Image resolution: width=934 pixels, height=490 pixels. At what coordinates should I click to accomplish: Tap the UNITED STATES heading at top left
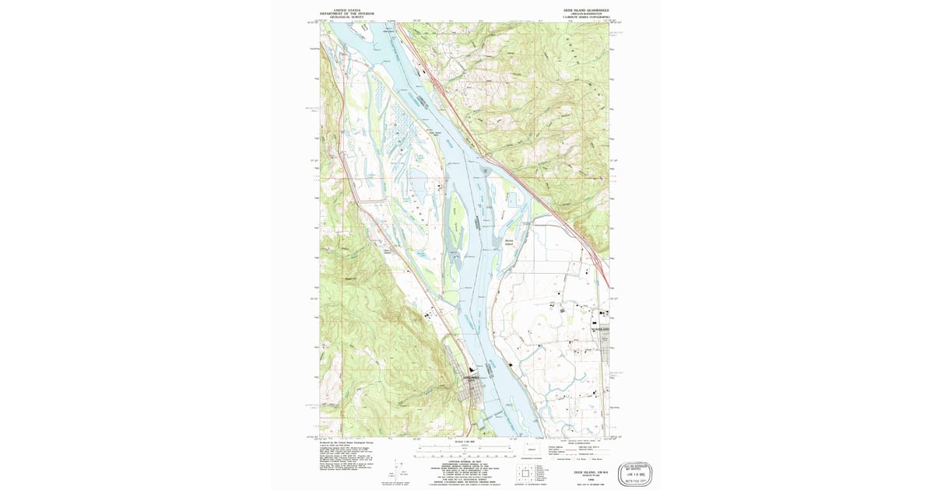click(x=342, y=9)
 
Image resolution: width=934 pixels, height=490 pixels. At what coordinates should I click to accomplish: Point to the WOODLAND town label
click(x=600, y=329)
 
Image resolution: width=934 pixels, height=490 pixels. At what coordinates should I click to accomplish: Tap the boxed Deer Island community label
click(x=387, y=250)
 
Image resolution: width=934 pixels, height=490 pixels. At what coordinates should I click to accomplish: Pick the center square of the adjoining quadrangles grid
click(x=525, y=472)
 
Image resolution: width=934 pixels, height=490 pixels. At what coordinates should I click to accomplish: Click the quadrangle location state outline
click(x=532, y=450)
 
